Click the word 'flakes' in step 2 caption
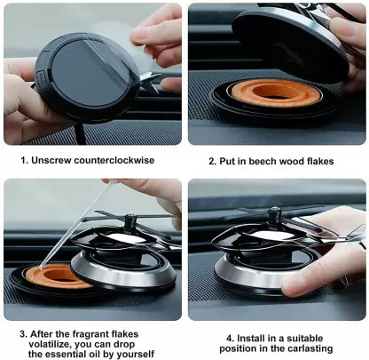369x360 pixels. point(330,162)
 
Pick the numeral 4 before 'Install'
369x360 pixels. point(230,338)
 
